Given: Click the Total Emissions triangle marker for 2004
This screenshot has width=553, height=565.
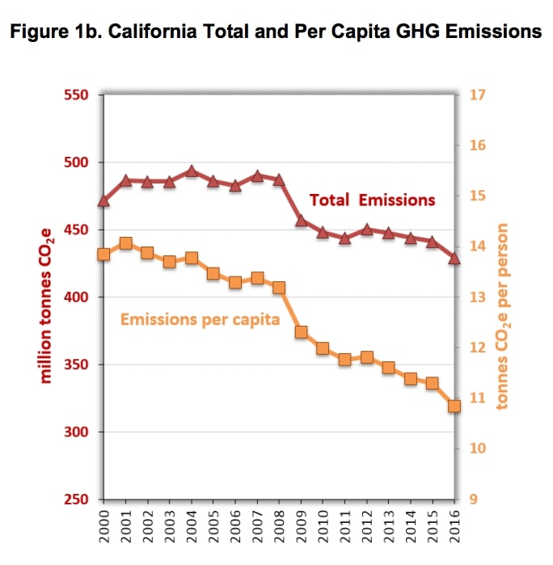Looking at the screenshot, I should pos(192,171).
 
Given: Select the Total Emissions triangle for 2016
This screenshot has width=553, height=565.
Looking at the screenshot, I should pos(454,258).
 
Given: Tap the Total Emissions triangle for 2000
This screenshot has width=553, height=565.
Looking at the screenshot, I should pos(103,200).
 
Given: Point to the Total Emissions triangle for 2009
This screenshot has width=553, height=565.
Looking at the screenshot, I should pos(301,220).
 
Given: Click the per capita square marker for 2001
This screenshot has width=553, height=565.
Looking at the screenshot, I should pos(125,243).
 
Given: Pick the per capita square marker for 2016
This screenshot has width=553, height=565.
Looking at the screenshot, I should pos(454,406).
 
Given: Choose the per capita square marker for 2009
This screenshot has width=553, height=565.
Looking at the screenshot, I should pos(301,332).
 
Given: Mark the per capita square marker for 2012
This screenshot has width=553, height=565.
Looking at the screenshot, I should pos(366,357).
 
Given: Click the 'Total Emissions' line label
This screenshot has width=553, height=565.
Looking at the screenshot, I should pos(372,200).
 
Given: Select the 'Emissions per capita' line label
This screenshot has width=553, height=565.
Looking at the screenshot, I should pos(200,319).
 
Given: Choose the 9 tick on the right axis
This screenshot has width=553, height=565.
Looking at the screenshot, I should pos(474,500).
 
